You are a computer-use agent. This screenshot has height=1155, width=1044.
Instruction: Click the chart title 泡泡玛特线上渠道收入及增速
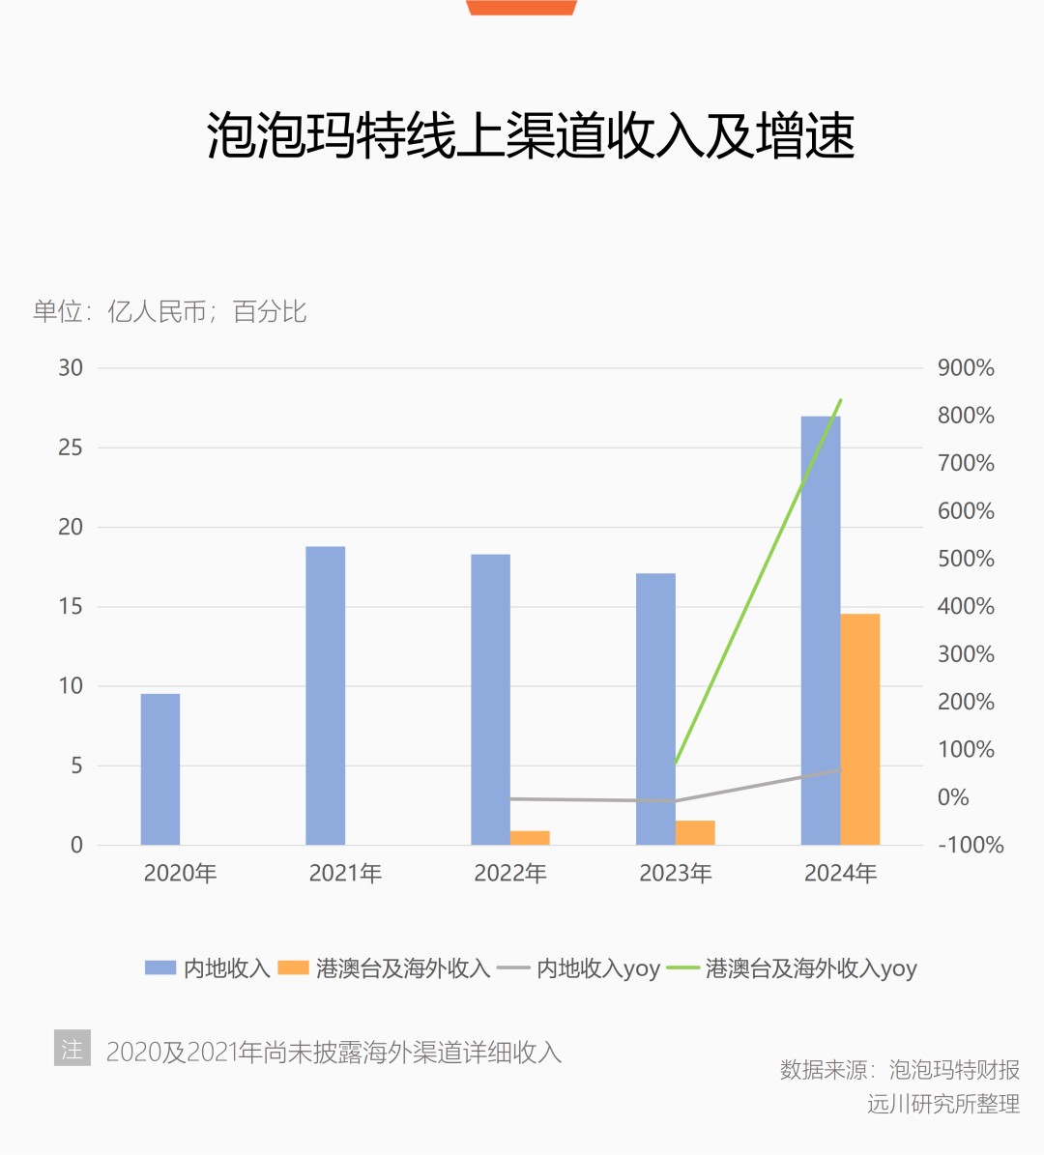531,134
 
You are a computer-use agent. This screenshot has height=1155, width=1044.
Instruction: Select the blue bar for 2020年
160,769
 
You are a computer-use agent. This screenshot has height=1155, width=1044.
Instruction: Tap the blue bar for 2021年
325,696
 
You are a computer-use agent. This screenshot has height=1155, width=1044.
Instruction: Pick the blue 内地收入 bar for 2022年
490,700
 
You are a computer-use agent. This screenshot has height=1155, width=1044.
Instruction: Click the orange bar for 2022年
530,838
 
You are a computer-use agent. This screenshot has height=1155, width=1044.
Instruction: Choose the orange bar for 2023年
695,833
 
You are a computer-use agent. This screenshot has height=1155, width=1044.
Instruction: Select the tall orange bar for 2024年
860,729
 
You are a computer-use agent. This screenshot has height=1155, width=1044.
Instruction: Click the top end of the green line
841,400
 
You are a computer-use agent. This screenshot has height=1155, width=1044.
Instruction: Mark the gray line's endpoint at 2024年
840,769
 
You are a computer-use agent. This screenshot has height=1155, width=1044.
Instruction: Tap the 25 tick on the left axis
71,448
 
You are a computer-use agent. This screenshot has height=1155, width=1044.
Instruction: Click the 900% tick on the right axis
966,368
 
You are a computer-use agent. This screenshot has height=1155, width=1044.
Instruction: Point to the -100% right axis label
971,845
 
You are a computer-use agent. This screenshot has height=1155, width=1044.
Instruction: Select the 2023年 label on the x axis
675,874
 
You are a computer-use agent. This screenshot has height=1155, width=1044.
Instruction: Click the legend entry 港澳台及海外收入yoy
810,968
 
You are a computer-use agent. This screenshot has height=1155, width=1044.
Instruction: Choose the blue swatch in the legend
160,967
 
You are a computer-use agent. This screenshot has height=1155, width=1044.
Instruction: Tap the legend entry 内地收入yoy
597,968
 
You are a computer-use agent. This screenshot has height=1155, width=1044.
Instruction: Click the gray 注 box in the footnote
72,1049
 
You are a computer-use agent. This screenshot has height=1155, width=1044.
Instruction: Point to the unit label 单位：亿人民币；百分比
169,311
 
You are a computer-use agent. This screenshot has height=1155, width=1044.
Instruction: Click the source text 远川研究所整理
942,1104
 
